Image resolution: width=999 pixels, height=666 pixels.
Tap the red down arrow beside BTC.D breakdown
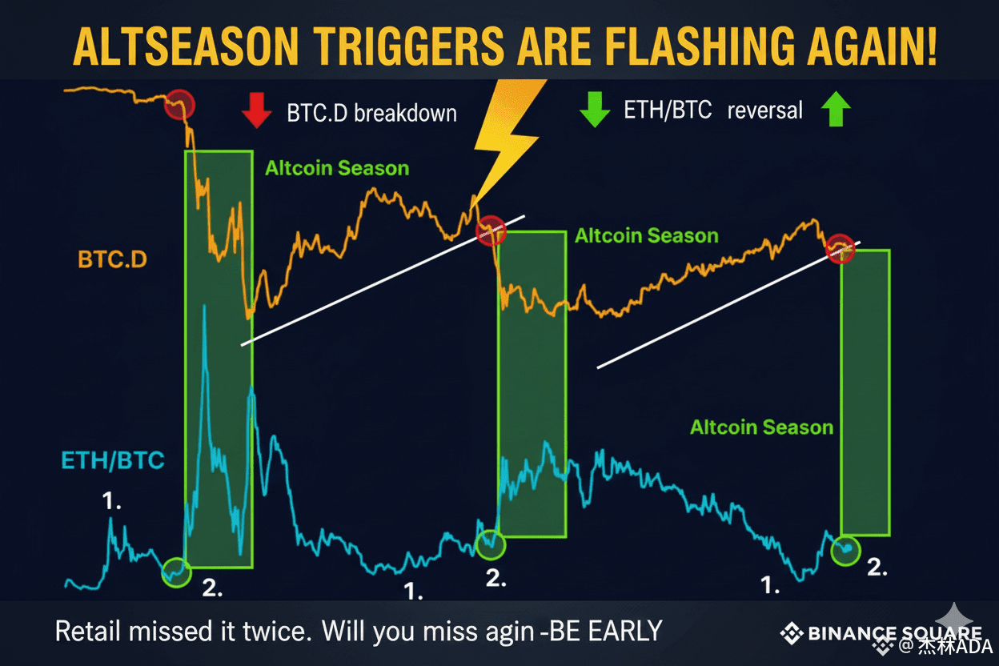[x=256, y=111]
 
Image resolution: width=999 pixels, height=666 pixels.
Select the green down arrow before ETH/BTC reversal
[x=594, y=110]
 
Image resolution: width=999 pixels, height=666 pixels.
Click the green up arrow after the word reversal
[x=836, y=110]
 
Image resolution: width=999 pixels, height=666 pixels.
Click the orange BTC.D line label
[x=112, y=260]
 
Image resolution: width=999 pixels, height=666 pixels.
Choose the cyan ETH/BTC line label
[x=113, y=460]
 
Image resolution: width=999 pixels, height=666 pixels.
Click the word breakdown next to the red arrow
[x=405, y=113]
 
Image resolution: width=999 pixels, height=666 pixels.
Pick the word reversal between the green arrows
[x=764, y=110]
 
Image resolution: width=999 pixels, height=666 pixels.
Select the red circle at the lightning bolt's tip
[x=491, y=231]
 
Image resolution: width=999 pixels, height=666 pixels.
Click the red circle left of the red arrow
[x=179, y=105]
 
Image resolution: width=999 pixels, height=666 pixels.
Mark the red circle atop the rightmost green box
[x=841, y=249]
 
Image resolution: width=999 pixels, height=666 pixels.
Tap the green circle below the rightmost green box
[x=845, y=550]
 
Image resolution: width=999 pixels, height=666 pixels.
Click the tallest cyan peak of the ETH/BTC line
[x=205, y=307]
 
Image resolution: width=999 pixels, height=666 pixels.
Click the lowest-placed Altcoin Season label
[x=761, y=427]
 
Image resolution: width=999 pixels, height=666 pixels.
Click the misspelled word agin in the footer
[x=504, y=631]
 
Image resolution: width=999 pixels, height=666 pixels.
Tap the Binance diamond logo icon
[x=792, y=634]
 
